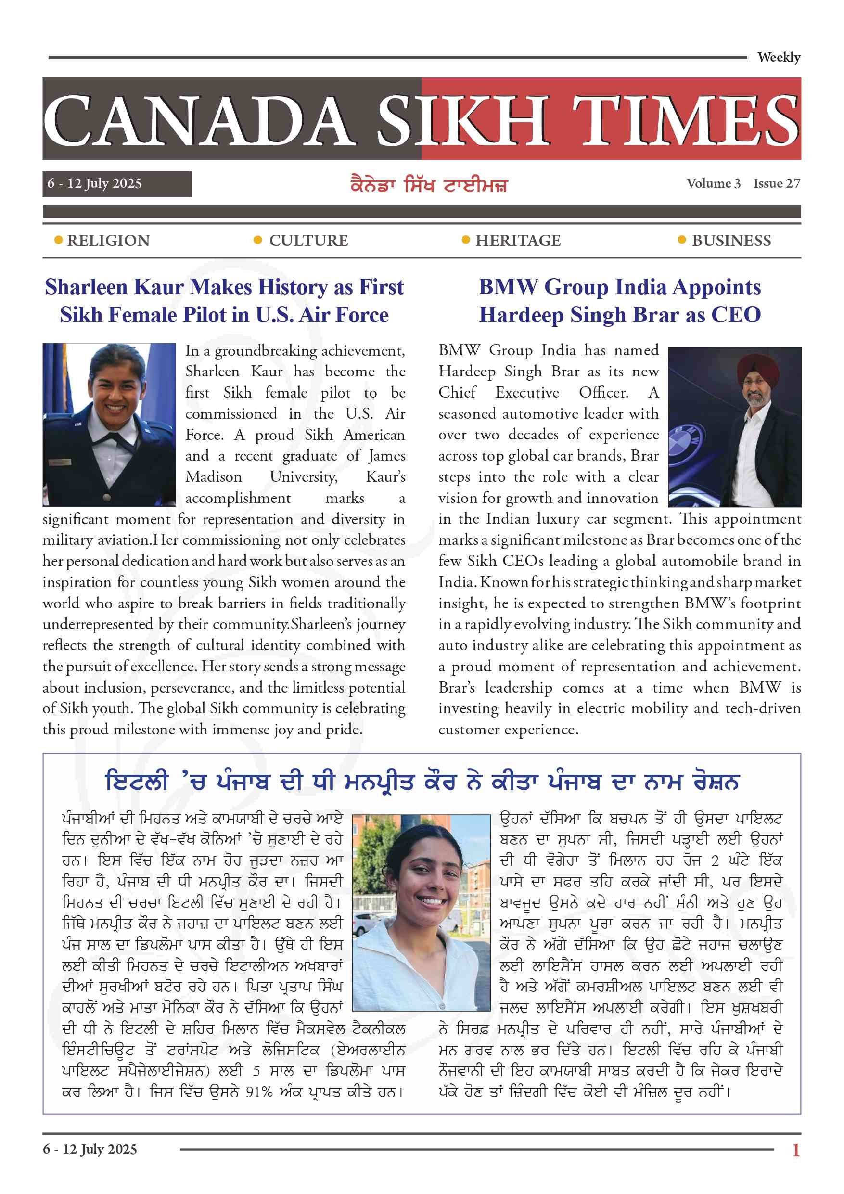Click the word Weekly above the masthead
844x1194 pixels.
(x=778, y=57)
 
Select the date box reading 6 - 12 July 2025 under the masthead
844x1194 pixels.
(x=116, y=183)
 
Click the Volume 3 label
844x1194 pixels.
(x=713, y=183)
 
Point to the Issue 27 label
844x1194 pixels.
(x=777, y=183)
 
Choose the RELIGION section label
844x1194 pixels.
(x=108, y=241)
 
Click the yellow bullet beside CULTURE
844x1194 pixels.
(x=257, y=240)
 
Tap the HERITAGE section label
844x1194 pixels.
(x=518, y=241)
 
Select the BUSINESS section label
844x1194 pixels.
(x=730, y=241)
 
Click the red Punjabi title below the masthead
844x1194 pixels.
(x=429, y=185)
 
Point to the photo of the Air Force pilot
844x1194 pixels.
(x=109, y=424)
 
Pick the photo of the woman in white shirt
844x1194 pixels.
(x=421, y=913)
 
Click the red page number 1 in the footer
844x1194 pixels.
(x=795, y=1150)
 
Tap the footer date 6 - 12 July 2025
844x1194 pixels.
(x=90, y=1149)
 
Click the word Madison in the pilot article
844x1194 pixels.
(x=214, y=477)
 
